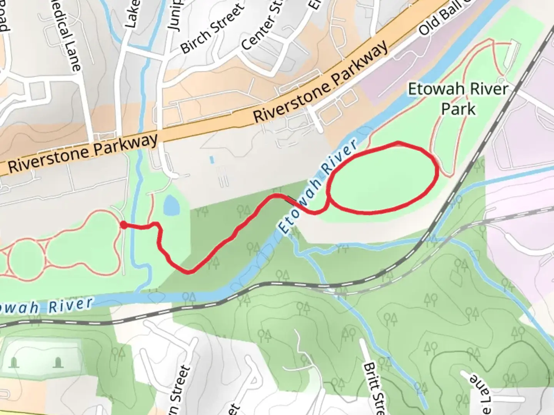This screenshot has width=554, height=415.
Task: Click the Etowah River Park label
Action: coord(458,99)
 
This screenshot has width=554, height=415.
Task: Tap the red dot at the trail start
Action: coord(123,225)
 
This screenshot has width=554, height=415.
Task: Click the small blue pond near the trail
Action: coord(170,205)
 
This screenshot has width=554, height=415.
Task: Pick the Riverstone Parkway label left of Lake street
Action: coord(83,153)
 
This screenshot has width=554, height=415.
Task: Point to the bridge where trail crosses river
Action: coord(292,200)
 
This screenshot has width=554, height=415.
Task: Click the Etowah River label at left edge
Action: coord(46,306)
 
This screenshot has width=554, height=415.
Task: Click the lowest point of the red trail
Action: coord(189,272)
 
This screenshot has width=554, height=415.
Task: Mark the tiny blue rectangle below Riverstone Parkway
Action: coord(212,159)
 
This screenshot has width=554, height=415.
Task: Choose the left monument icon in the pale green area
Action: coord(14,362)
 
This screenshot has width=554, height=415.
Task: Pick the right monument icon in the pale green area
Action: coord(58,362)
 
